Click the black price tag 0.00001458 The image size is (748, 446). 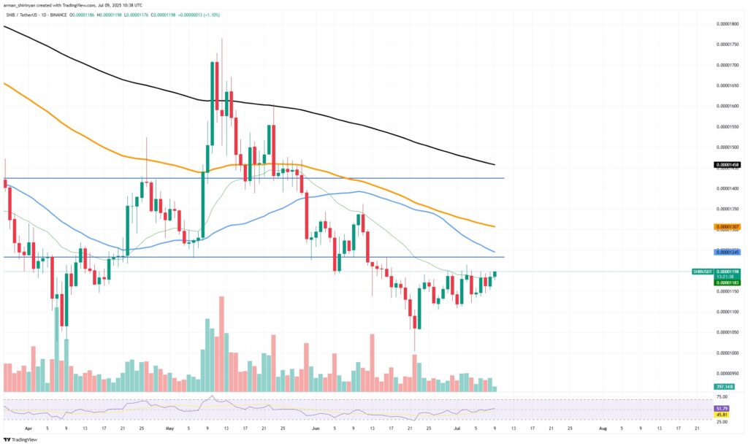pyautogui.click(x=727, y=165)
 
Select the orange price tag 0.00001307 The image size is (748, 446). pyautogui.click(x=727, y=226)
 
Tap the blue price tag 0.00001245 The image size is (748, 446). pyautogui.click(x=727, y=252)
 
